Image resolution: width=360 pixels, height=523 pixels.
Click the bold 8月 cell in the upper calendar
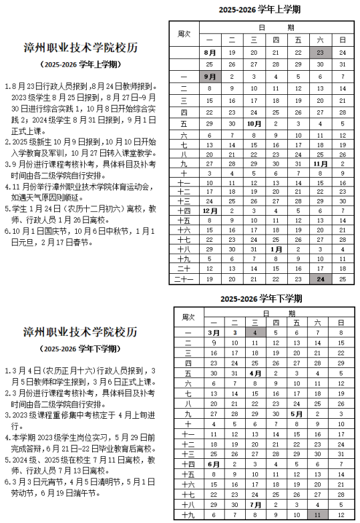pos(210,52)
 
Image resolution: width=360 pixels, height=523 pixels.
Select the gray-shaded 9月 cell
pos(210,76)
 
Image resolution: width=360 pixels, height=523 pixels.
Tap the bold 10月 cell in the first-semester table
pos(254,124)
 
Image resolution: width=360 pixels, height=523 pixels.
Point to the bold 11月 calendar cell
pos(320,162)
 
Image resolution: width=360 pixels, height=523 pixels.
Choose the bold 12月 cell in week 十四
pos(210,210)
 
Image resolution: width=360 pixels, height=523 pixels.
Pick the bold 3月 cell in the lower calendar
pos(213,331)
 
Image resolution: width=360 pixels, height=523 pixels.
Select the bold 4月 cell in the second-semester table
pos(254,373)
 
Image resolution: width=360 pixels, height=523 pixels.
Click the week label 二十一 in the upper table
pos(184,279)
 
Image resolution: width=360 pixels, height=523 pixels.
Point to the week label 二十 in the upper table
pos(184,267)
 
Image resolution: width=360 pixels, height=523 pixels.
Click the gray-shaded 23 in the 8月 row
pos(320,52)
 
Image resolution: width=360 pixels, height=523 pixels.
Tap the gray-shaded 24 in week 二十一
pos(320,279)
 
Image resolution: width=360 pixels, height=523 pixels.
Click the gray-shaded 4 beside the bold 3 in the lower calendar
pos(254,331)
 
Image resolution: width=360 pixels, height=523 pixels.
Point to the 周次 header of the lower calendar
pos(188,317)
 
